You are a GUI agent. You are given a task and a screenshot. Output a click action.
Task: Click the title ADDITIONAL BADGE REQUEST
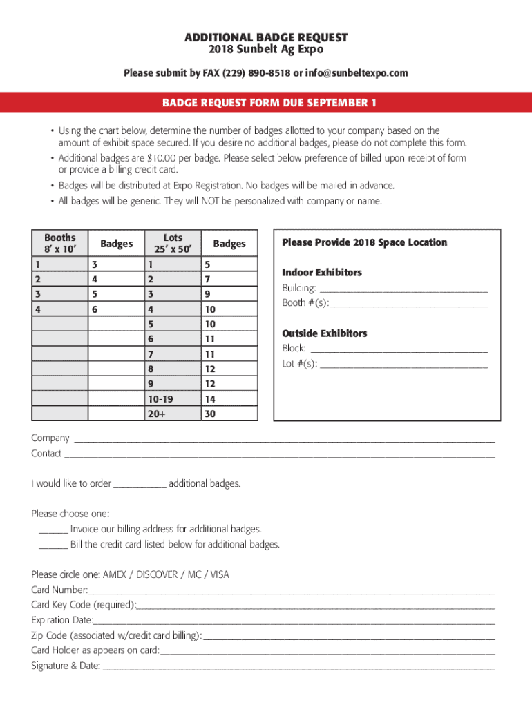click(x=266, y=37)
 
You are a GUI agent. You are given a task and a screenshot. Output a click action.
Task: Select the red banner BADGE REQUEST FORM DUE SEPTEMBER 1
click(x=266, y=103)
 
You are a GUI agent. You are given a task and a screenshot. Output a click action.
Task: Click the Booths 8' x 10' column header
click(x=60, y=243)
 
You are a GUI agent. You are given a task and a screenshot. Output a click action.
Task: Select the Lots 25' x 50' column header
click(x=173, y=243)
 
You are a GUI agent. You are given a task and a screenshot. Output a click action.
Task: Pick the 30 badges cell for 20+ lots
click(x=210, y=414)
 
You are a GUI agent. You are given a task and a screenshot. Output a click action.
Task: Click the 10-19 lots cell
click(x=157, y=398)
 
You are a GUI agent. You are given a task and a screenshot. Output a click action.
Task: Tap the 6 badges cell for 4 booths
click(x=95, y=309)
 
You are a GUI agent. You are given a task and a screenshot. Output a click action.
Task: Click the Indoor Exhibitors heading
click(x=321, y=273)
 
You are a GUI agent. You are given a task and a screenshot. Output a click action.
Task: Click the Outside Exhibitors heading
click(x=324, y=333)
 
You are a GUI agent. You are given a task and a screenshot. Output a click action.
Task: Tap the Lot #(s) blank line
click(x=403, y=365)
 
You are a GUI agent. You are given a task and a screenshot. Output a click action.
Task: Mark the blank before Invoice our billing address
click(x=53, y=530)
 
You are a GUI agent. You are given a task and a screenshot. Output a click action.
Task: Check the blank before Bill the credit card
click(x=53, y=545)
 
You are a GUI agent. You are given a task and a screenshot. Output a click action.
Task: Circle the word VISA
click(x=219, y=574)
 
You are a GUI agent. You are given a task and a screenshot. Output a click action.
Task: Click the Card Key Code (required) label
click(x=84, y=605)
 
